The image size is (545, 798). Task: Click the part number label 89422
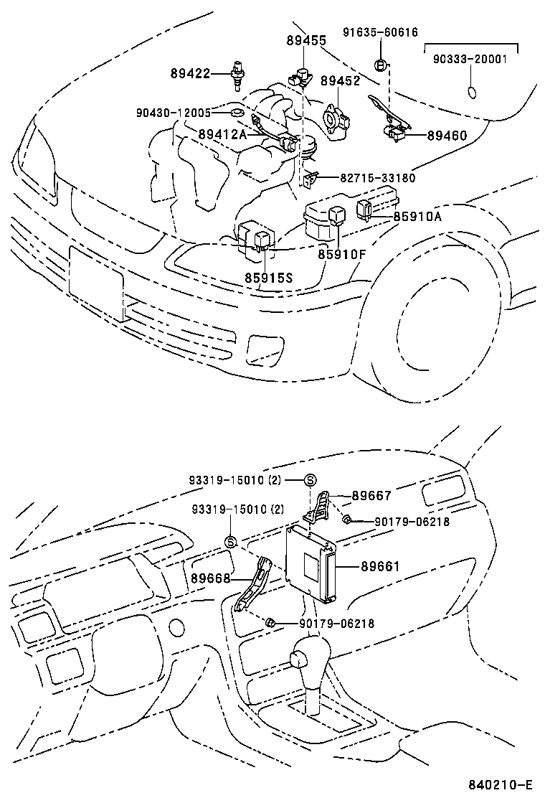[x=190, y=72]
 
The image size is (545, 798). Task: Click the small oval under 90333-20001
[x=471, y=92]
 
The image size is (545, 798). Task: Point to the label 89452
[x=340, y=81]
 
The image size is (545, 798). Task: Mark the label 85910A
[x=419, y=216]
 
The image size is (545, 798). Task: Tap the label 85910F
[x=343, y=253]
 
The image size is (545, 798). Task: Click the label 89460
[x=447, y=135]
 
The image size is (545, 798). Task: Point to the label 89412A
[x=222, y=134]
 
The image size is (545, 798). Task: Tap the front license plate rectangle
[x=96, y=281]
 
